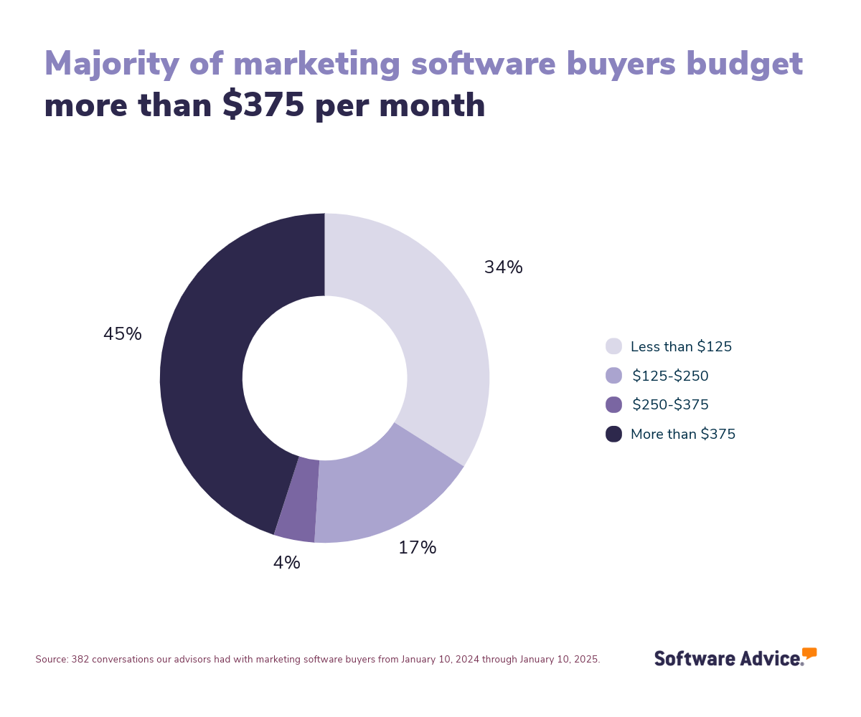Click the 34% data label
point(503,268)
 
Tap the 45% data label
point(123,335)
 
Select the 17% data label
point(417,549)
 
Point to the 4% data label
point(286,564)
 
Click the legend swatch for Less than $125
point(613,346)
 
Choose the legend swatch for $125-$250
point(613,376)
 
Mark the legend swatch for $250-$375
point(613,404)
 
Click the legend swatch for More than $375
point(613,434)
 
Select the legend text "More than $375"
point(682,435)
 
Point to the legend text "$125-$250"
point(670,376)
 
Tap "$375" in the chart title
point(263,106)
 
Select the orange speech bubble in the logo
point(809,652)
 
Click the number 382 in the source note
point(79,660)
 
